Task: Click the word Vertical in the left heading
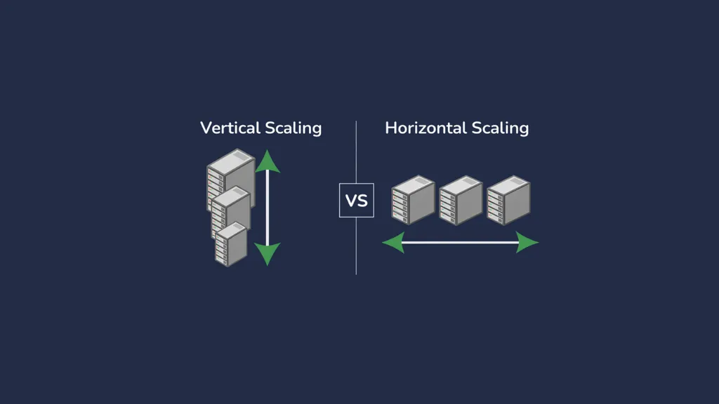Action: click(230, 128)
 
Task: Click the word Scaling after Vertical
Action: click(293, 128)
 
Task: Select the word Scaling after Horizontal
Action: click(500, 128)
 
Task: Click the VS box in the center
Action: click(356, 200)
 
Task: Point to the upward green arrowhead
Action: click(268, 161)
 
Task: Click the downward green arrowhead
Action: click(268, 254)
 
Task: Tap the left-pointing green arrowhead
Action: click(393, 242)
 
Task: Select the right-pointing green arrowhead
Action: click(527, 242)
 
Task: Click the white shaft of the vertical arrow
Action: click(268, 208)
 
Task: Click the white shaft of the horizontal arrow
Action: click(461, 242)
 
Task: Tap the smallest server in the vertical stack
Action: click(231, 244)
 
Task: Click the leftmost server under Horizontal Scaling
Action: click(413, 200)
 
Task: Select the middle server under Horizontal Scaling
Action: click(461, 200)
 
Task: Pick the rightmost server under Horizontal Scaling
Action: click(508, 200)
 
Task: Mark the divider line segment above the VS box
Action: click(356, 152)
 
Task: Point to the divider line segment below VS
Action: click(356, 246)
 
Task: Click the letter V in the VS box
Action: click(351, 201)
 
